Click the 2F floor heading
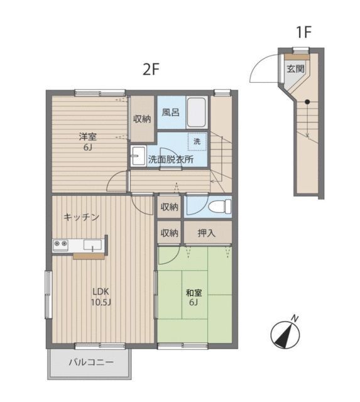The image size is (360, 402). point(151,69)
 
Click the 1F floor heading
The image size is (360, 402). point(303,32)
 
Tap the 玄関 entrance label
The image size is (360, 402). point(295,68)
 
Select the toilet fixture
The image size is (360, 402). point(220,207)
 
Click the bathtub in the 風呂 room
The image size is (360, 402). point(197,112)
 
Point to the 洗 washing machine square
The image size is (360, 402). point(197,141)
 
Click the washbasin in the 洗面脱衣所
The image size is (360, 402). point(138,156)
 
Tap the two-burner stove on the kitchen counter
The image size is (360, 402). point(61,243)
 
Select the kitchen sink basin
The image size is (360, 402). point(92,246)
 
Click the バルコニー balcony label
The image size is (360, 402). point(91,362)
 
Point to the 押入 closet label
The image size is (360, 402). point(207,233)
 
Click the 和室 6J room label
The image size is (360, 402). point(194,297)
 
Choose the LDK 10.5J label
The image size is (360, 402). point(101,296)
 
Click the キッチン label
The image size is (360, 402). point(81,217)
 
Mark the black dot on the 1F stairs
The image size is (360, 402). point(307,102)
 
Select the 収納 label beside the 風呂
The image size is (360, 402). point(142,119)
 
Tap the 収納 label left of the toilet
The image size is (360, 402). point(169,207)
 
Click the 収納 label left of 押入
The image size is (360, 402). point(169,233)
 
